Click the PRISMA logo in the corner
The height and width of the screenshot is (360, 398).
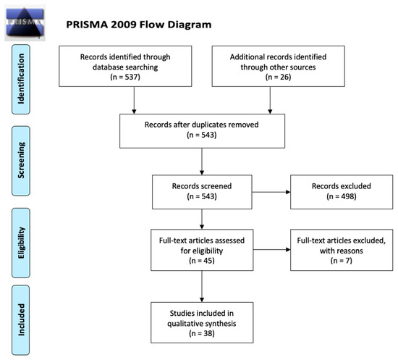pos(25,23)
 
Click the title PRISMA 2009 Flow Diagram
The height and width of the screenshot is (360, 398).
pos(139,25)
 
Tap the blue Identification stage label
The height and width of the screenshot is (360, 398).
pos(21,79)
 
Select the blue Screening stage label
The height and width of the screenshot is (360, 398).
pos(21,161)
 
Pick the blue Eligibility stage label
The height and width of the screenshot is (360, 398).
pos(21,243)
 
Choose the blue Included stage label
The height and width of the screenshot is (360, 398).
pos(21,320)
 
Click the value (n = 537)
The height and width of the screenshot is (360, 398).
pos(125,77)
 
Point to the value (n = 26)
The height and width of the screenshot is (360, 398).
pos(278,77)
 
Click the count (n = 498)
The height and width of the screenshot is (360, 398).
pos(342,196)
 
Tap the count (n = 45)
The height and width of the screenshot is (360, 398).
pos(202,261)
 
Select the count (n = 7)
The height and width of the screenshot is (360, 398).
pos(342,261)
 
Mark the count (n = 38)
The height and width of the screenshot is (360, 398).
pos(202,333)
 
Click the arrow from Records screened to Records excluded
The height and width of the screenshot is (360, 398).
pos(271,192)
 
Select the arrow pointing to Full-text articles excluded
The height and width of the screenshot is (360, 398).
pos(272,250)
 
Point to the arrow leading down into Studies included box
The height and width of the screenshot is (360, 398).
pos(202,286)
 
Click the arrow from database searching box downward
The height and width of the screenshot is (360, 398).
pos(134,100)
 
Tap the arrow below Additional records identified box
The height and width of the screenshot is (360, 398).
pos(270,100)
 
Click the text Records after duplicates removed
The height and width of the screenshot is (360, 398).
pos(202,125)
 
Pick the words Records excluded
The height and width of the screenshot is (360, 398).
pos(342,186)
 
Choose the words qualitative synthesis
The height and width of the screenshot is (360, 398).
pos(202,323)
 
